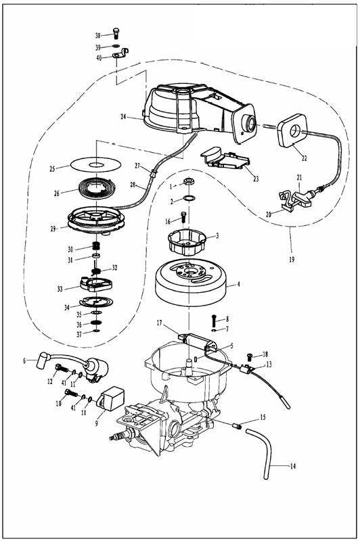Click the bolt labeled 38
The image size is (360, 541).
click(116, 33)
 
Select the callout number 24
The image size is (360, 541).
click(123, 116)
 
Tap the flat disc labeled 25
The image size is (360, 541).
click(95, 164)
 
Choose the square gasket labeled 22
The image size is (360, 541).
click(292, 131)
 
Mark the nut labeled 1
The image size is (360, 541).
click(188, 181)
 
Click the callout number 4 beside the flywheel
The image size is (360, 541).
click(238, 285)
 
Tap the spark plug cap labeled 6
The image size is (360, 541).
click(44, 360)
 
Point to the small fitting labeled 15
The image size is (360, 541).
click(236, 426)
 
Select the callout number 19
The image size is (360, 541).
click(292, 259)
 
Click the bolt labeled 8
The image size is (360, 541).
click(214, 321)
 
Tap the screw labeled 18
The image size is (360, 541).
click(249, 356)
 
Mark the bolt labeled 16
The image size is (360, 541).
click(183, 216)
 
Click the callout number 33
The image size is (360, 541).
click(60, 289)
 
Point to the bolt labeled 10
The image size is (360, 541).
click(71, 393)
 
